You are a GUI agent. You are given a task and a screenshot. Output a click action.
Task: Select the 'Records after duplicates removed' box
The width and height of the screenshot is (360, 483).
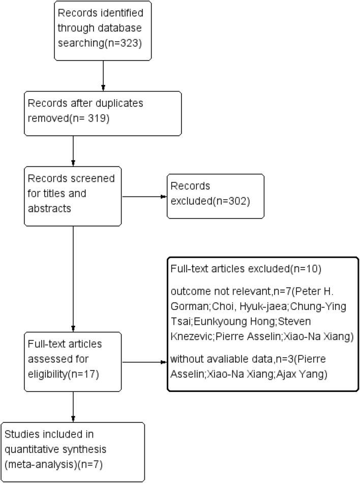(x=103, y=113)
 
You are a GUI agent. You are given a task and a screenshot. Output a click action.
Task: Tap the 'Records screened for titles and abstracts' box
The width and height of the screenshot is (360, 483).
(x=73, y=195)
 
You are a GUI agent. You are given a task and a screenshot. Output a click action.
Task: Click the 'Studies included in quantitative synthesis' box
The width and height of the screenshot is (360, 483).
(x=73, y=451)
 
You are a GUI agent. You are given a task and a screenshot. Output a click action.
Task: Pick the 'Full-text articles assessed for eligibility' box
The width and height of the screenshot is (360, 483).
(x=73, y=362)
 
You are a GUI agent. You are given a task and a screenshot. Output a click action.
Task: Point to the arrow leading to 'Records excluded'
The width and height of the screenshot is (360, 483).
(x=144, y=197)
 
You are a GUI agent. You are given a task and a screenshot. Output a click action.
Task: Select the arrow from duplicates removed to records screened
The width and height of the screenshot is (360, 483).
(x=74, y=151)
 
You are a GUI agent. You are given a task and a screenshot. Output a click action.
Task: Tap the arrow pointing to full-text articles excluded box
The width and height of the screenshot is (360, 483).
(x=145, y=362)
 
